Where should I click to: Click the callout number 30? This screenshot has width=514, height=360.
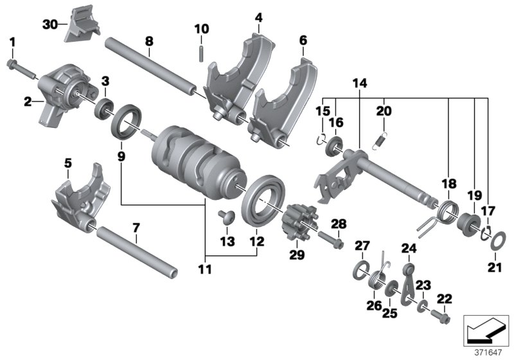click(50, 24)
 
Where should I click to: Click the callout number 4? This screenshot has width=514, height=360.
click(258, 18)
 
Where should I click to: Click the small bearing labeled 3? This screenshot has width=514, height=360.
click(103, 108)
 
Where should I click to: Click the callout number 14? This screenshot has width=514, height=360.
click(359, 83)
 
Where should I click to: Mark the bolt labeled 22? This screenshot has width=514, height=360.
click(443, 317)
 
